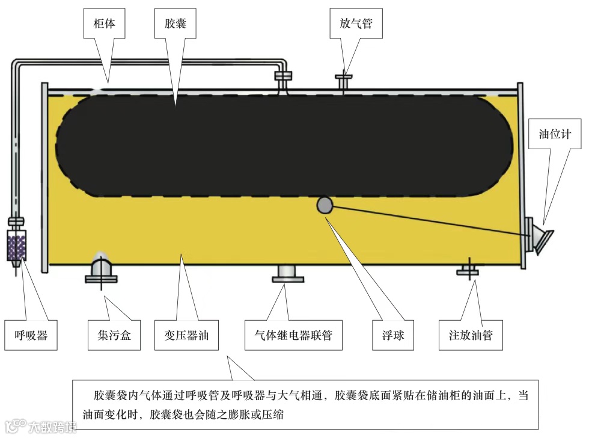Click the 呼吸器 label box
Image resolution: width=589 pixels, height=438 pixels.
31,335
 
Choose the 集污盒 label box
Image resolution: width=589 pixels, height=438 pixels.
109,335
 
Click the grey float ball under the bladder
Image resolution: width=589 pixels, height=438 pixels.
325,205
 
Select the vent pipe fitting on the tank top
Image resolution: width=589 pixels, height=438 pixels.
344,81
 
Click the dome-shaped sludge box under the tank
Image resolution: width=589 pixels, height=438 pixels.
101,268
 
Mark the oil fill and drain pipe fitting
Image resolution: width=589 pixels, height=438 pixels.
468,268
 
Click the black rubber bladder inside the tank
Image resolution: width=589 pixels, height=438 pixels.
282,144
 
